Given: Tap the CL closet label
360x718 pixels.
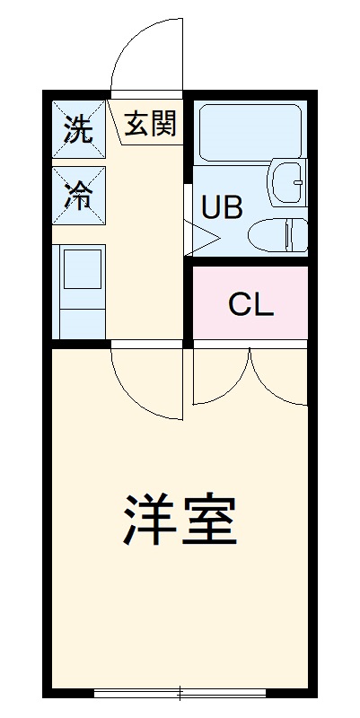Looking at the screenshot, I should coord(250,305).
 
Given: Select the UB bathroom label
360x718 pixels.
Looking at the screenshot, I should coord(221,207).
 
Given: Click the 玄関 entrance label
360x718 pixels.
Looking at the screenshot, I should coord(149,124).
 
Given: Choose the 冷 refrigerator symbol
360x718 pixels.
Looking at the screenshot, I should coord(79,196).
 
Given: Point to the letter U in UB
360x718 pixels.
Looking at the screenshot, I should coord(210,207).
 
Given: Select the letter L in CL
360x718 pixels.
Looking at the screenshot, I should coord(262,305).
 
